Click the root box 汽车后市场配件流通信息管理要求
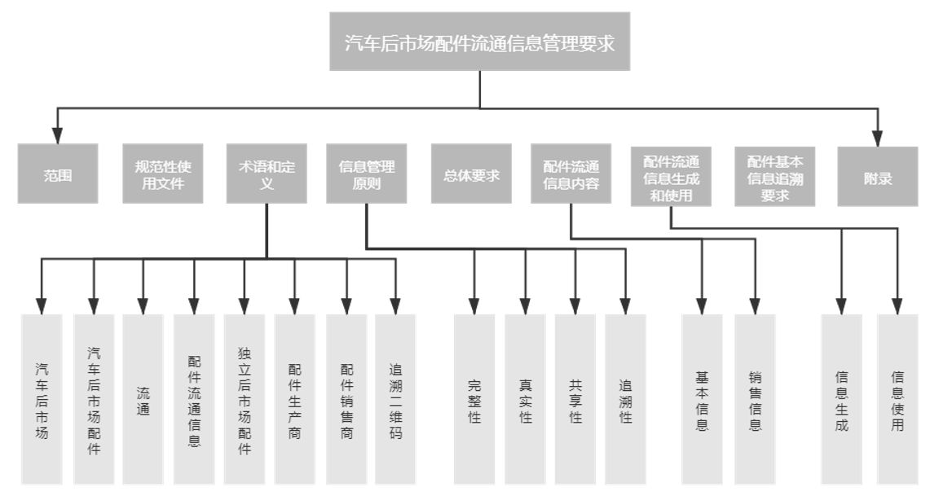tap(479, 42)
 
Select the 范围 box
tap(57, 174)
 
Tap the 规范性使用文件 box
tap(163, 174)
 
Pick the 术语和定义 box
tap(267, 174)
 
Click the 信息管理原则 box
tap(367, 174)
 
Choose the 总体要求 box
tap(471, 174)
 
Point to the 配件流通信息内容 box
tap(571, 174)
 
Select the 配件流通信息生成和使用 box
tap(671, 174)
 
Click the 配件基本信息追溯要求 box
tap(774, 174)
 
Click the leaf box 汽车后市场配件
tap(94, 399)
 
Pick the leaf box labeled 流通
tap(143, 399)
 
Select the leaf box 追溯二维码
tap(396, 399)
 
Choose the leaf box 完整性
tap(474, 399)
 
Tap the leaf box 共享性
tap(575, 399)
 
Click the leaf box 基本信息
tap(702, 399)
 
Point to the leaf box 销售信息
tap(755, 399)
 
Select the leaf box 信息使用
tap(897, 399)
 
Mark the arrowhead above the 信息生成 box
tap(842, 307)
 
